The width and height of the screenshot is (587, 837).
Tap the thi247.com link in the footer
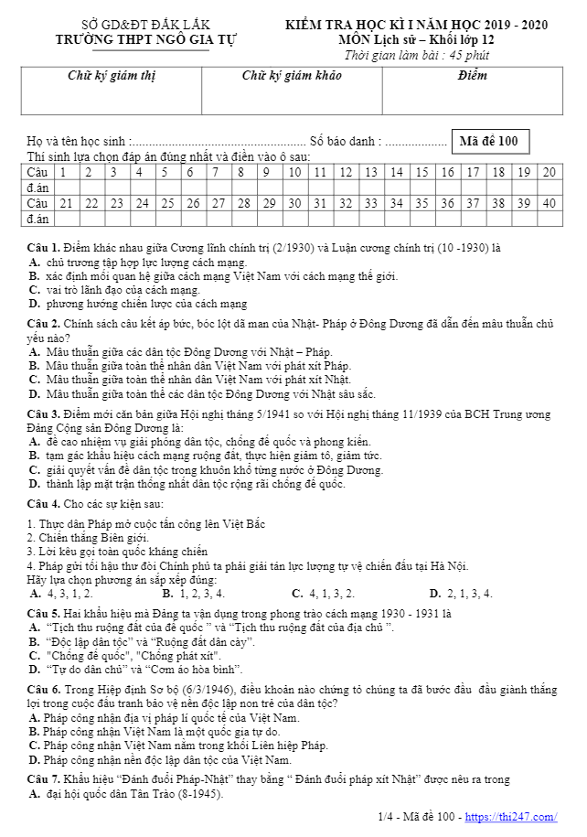(x=524, y=817)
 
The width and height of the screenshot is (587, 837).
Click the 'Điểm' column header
(x=472, y=76)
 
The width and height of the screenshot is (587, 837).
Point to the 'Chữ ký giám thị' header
(x=112, y=76)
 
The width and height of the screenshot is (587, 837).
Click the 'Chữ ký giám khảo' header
(x=292, y=76)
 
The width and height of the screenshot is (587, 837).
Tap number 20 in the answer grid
(x=549, y=172)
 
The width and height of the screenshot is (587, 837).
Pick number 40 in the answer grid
(x=549, y=202)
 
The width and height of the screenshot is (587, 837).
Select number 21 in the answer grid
(x=66, y=202)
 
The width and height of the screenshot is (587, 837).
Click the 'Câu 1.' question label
(x=43, y=248)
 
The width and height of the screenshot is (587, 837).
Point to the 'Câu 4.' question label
(x=43, y=504)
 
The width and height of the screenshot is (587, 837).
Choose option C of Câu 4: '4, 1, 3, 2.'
(x=323, y=594)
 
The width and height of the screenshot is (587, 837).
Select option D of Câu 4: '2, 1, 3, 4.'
(x=461, y=594)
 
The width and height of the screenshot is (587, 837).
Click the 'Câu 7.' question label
(x=43, y=779)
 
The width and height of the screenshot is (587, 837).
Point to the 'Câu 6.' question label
(x=43, y=689)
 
